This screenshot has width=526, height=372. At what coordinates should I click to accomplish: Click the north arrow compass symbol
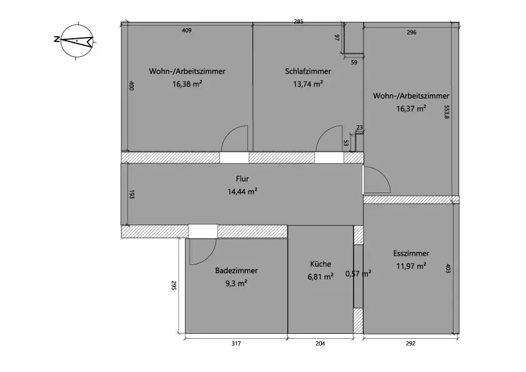[x=74, y=41]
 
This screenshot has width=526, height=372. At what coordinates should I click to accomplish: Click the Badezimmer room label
[x=236, y=271]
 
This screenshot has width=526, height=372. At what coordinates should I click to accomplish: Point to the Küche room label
[x=320, y=264]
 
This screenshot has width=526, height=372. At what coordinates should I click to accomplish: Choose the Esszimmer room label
[x=411, y=254]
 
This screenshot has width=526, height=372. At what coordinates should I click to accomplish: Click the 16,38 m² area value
[x=187, y=83]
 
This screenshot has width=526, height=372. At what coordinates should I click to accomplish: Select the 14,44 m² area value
[x=243, y=191]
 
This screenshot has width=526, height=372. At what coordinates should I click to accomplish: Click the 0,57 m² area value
[x=358, y=273]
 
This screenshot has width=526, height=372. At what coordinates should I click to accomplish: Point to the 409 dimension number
[x=186, y=31]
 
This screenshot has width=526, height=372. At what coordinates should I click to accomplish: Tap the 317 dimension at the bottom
[x=236, y=343]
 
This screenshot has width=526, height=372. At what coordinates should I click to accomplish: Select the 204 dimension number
[x=320, y=343]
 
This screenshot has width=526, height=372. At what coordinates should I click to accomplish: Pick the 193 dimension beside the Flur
[x=131, y=195]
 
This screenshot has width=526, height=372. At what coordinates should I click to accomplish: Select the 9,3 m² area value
[x=236, y=283]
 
